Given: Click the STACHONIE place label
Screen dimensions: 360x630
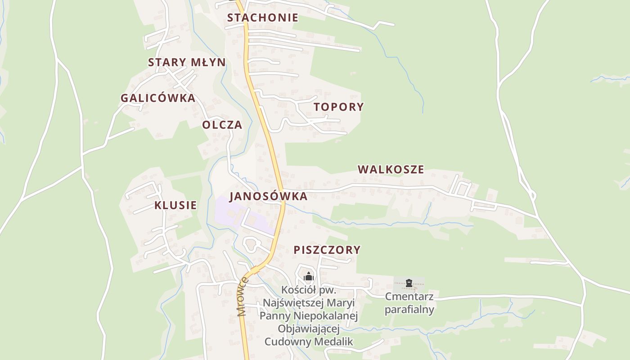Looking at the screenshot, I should click(262, 18).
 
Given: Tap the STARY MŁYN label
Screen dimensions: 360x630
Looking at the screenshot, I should click(187, 62).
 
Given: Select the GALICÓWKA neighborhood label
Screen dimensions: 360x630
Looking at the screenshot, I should click(158, 98).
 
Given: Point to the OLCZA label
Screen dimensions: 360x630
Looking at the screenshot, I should click(222, 125).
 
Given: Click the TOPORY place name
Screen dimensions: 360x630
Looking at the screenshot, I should click(339, 107).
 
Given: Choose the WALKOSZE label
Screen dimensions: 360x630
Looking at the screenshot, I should click(391, 170).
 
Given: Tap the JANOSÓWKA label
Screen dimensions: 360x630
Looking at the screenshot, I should click(268, 196).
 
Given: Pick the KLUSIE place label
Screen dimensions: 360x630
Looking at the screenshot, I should click(175, 205).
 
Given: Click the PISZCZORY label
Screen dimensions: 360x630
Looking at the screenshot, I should click(327, 250).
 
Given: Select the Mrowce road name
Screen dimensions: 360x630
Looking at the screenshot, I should click(243, 297).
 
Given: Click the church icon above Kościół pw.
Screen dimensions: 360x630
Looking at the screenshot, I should click(308, 276).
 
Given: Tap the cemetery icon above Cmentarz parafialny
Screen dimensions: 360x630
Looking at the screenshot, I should click(409, 283).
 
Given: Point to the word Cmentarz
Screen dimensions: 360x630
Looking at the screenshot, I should click(409, 297).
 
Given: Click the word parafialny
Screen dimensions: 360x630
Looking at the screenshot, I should click(409, 310).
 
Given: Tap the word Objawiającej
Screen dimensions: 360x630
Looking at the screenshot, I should click(308, 329).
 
